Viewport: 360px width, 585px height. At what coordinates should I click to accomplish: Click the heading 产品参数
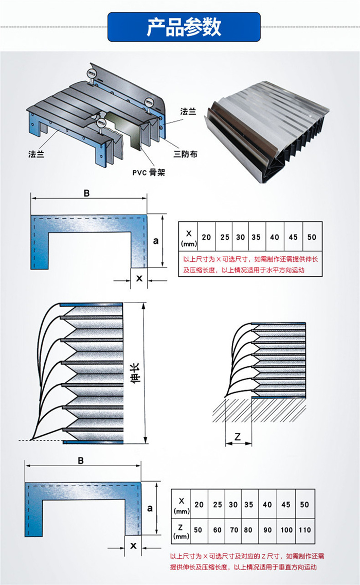tap(184, 27)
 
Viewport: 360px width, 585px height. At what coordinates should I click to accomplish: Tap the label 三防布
tap(186, 154)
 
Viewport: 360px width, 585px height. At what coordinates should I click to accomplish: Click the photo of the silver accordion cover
tap(267, 136)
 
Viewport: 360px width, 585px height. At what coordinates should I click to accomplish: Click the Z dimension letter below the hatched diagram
tap(238, 436)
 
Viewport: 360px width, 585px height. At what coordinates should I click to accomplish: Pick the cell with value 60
tap(218, 529)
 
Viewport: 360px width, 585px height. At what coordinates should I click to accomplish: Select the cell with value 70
tap(234, 529)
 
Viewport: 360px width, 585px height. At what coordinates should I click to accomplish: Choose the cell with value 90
tap(267, 529)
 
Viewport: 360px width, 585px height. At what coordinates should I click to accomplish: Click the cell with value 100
tap(286, 529)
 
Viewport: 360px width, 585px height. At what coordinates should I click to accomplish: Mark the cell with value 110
tap(305, 529)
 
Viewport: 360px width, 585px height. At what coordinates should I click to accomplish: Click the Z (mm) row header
tap(181, 529)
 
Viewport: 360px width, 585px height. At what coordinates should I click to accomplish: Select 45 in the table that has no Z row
tap(293, 237)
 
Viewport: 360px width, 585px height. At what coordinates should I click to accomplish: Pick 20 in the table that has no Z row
tap(206, 237)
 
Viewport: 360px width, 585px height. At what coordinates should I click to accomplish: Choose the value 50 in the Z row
tap(200, 529)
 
